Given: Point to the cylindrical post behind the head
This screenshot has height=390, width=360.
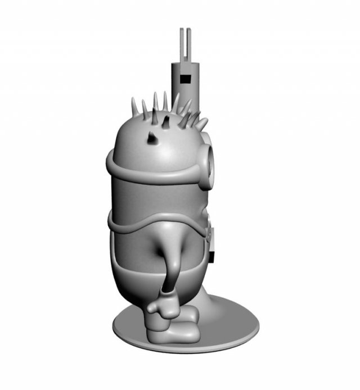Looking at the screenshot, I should (x=184, y=84).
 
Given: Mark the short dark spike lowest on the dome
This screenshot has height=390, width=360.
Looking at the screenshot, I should (x=152, y=137).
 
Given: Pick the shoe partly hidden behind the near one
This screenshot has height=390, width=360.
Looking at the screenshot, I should (x=188, y=315).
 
